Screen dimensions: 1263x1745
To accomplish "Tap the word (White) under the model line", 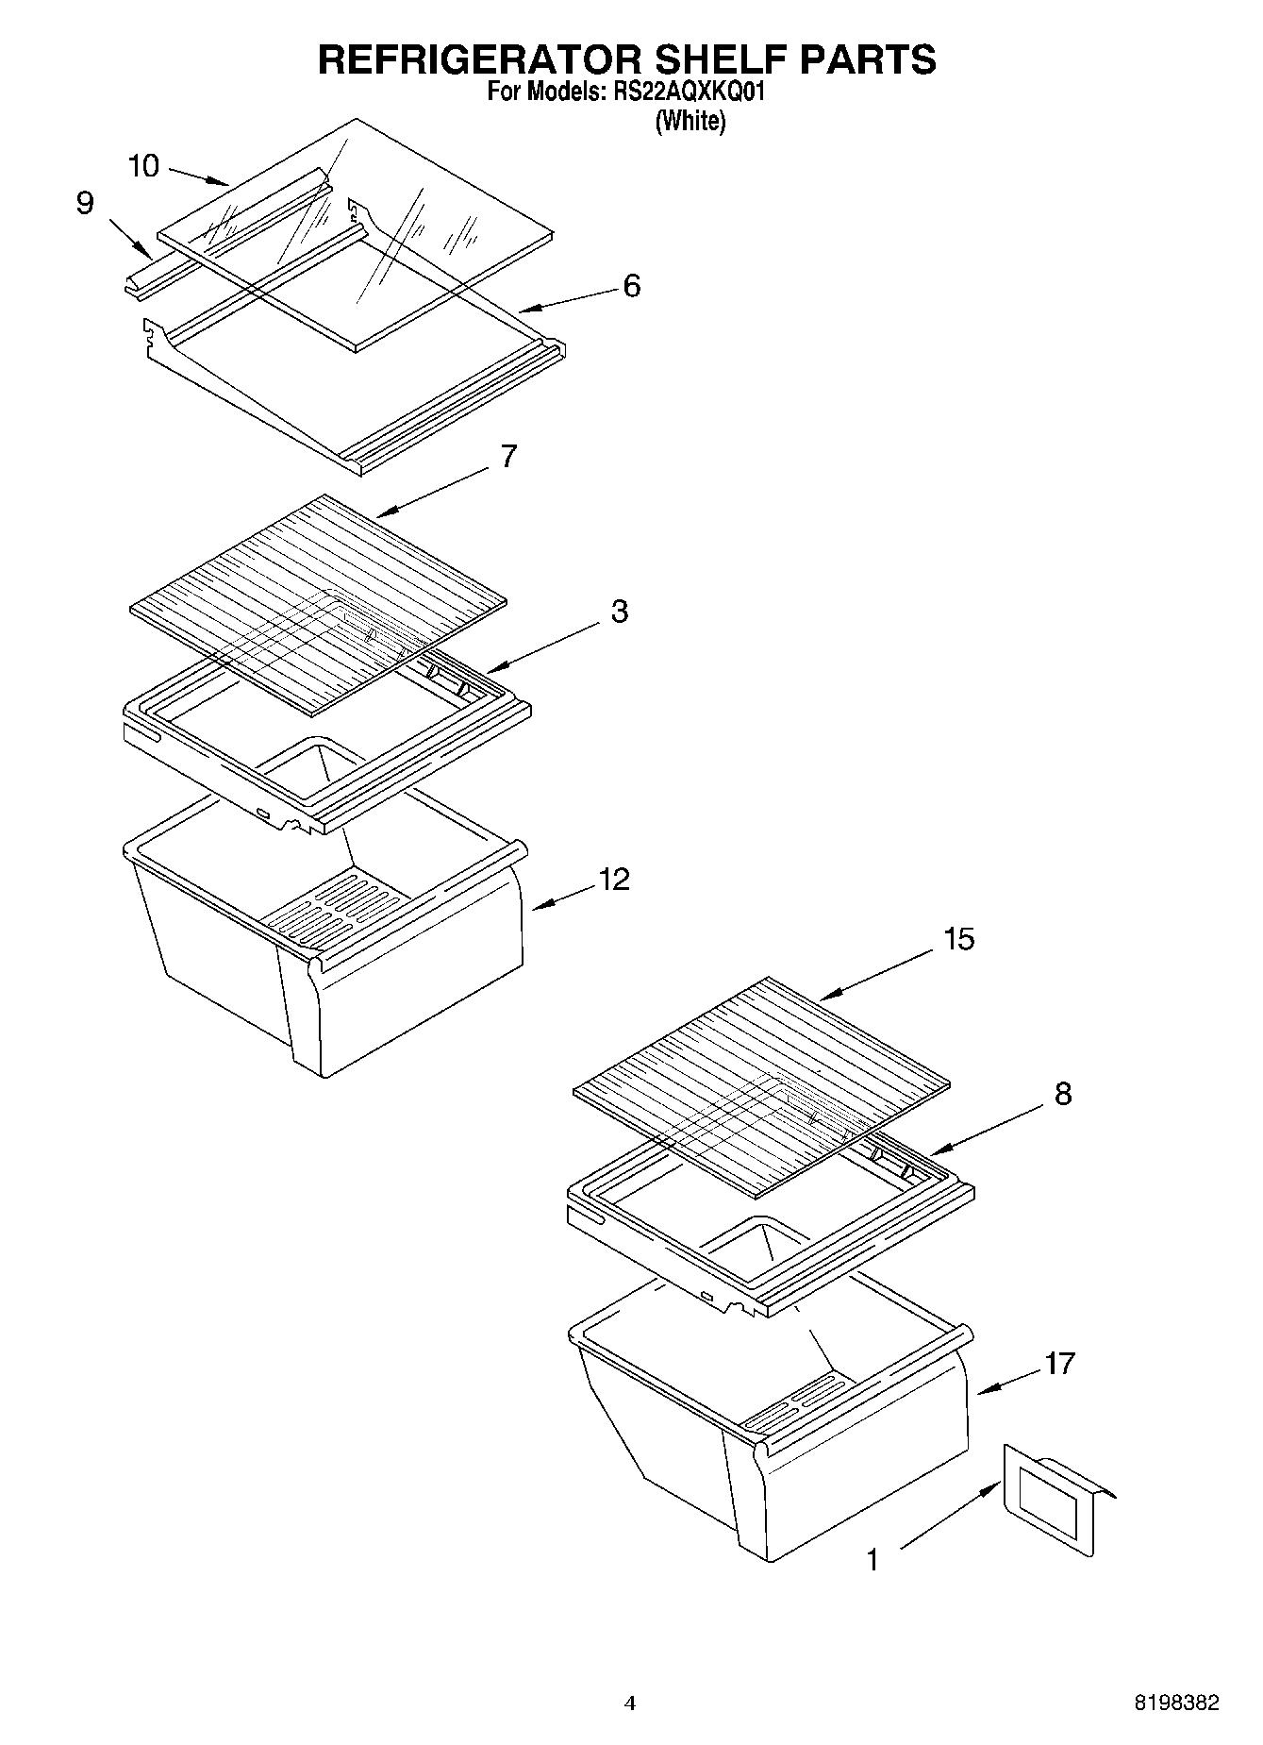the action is (x=690, y=121).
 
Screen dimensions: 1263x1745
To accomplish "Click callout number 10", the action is (x=143, y=167).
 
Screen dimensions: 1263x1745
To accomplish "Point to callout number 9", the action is (x=85, y=204).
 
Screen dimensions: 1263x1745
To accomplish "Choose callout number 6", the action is (x=631, y=285).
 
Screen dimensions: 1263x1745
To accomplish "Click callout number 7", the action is (x=508, y=457).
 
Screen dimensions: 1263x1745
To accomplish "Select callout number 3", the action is (x=619, y=612).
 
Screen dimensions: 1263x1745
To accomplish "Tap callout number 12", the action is (x=613, y=880).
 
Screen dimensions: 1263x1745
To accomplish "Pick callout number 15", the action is (x=958, y=939).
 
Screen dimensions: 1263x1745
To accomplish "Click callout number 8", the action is (x=1063, y=1094).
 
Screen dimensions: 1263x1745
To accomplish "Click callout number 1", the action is (x=872, y=1560).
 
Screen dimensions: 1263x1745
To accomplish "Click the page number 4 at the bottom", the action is (x=630, y=1703).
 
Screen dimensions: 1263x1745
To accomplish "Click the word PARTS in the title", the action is (x=868, y=59).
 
